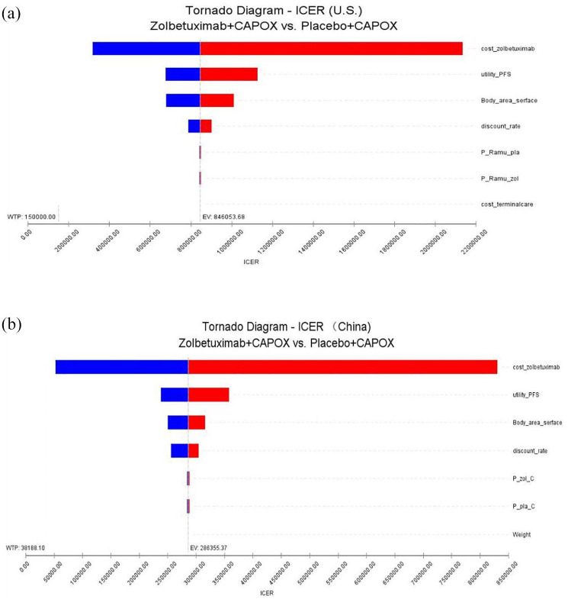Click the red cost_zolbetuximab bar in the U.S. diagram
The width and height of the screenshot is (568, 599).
tap(332, 49)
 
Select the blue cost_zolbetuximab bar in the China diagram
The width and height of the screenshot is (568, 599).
tap(122, 367)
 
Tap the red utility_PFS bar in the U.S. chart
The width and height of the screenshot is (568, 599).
tap(229, 74)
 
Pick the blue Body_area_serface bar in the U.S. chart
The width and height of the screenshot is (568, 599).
tap(183, 100)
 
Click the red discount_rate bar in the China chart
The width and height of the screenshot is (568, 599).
tap(193, 451)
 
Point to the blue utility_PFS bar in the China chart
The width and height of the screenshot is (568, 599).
tap(175, 395)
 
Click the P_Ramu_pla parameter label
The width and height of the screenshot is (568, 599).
tap(499, 153)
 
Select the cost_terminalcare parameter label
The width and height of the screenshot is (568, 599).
tap(507, 204)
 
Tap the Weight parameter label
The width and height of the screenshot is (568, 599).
tap(521, 534)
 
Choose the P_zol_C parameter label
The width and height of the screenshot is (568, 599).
tap(523, 478)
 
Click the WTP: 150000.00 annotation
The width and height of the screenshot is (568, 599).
tap(31, 217)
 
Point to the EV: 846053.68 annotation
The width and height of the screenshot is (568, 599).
tap(223, 217)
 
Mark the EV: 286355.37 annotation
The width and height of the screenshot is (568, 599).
tap(208, 548)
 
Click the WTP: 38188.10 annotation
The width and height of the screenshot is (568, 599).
tap(25, 548)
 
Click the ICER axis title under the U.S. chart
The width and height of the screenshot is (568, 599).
tap(251, 262)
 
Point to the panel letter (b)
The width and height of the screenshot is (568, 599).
tap(11, 324)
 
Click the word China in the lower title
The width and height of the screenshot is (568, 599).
tap(354, 327)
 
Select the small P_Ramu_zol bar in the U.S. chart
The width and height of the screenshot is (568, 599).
tap(200, 179)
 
